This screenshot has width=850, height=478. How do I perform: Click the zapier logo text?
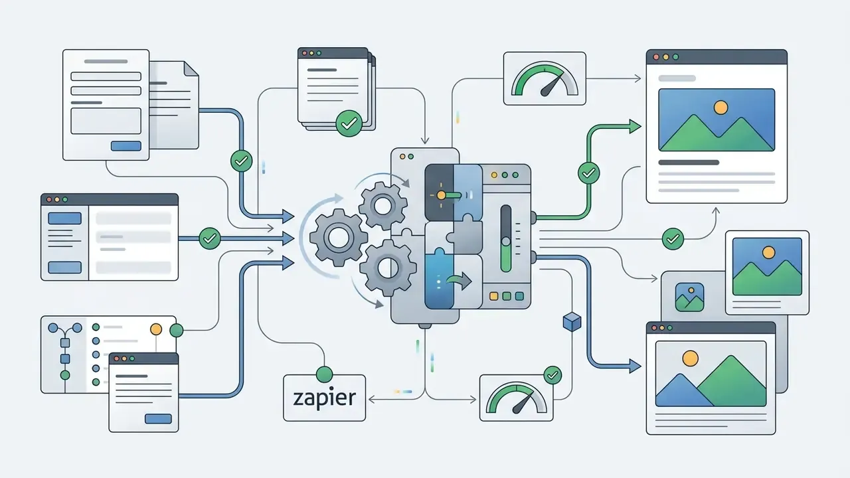click(325, 398)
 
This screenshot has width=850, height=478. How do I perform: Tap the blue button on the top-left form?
click(126, 146)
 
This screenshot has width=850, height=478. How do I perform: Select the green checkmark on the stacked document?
click(349, 123)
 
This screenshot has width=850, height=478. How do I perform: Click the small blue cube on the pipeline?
click(572, 322)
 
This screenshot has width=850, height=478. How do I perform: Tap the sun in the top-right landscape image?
click(721, 108)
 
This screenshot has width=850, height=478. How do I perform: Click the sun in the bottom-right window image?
click(690, 358)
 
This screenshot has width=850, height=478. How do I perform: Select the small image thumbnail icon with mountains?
click(689, 297)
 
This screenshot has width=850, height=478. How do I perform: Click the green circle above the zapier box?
click(324, 374)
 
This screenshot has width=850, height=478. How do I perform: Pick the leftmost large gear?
click(338, 238)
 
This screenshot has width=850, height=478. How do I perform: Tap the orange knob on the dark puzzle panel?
click(441, 195)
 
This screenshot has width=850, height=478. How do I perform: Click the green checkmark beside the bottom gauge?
click(552, 375)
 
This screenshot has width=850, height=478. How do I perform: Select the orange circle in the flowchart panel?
click(156, 329)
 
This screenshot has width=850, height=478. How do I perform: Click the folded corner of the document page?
click(191, 68)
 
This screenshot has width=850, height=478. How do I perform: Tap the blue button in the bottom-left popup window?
click(158, 419)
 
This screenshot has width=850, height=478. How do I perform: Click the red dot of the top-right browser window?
click(656, 57)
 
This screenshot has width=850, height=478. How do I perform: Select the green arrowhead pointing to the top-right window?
click(635, 126)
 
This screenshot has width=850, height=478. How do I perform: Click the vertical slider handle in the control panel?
click(505, 241)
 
